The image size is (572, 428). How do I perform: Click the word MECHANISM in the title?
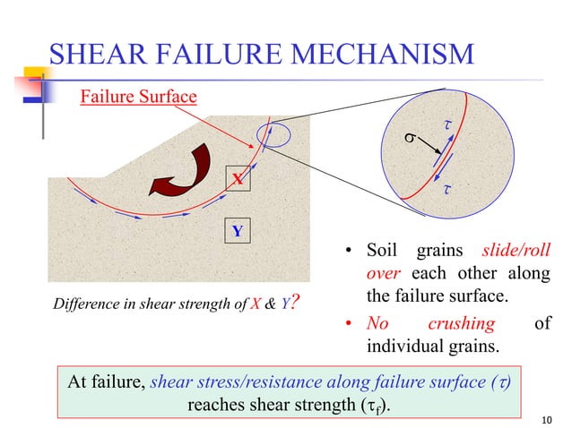374,56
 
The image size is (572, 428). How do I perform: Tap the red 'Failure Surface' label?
138,95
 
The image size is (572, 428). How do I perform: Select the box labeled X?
237,180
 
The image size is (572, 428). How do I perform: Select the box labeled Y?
237,232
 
